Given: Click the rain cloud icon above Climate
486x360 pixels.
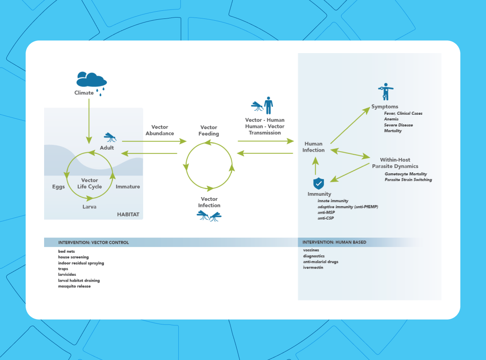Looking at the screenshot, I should pos(91,80).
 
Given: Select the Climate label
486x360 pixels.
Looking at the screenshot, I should pos(84,93).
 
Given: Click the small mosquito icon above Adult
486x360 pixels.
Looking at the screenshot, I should pos(110,137).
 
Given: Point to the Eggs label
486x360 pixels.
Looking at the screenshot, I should pos(58,187).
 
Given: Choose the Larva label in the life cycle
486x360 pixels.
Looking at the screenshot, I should pos(89,207).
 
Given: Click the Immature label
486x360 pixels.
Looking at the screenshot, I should pos(128,187).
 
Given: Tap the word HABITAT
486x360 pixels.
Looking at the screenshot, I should pos(128,214).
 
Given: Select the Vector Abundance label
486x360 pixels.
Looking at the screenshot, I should pos(160,130).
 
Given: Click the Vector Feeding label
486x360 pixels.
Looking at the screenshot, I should pos(209,130).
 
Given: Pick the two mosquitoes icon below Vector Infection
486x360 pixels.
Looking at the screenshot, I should pos(209,216).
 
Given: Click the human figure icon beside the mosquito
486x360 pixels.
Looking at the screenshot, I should pos(269,105).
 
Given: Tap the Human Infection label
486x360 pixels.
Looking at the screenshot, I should pos(314,147).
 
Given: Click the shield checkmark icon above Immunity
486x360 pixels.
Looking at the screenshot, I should pos(319,184).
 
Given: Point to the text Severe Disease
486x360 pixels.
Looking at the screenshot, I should pos(398,125).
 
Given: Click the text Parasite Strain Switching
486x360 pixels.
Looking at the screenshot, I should pos(408,180).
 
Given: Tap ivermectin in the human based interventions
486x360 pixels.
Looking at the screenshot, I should pos(313,268).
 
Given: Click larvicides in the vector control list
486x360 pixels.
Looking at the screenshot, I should pos(67,274).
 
